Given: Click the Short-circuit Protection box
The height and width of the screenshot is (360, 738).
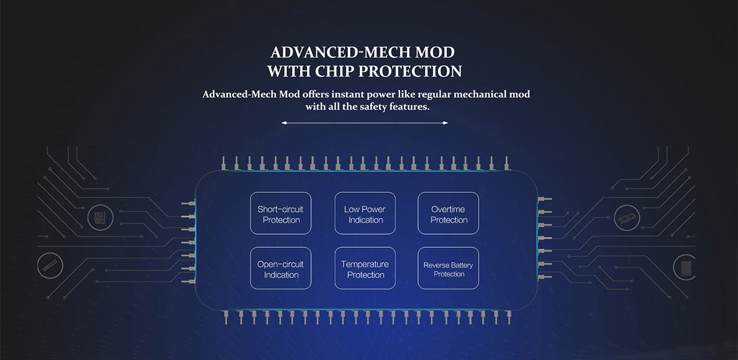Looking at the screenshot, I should coord(281,214).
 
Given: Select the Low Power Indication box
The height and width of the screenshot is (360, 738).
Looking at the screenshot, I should coord(365,214).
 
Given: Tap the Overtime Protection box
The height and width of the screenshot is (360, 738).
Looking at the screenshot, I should coord(448,214).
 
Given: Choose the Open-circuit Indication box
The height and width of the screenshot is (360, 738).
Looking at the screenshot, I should coord(281,269).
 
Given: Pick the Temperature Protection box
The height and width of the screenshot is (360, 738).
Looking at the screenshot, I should coord(365,269).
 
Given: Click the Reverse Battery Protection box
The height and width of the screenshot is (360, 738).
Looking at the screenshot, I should coord(448,269).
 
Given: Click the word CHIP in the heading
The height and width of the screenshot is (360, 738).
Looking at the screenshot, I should coord(334,71).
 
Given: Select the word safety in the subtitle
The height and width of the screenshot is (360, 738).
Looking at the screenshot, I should coord(379,106).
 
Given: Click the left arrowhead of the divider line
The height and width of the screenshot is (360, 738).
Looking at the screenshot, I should coord(283,123).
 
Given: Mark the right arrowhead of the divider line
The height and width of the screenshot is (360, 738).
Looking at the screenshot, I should coord(446,123).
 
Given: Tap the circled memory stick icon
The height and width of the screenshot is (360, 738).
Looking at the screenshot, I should coord(49,266).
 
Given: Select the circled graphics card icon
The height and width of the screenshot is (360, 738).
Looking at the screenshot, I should coord(626,217).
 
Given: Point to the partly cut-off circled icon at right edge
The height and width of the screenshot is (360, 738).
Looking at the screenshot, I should coord(685,267).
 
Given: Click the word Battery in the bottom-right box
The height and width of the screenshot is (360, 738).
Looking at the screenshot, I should coord(462,265).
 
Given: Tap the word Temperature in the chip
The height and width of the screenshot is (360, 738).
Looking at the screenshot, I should coord(365,264).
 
